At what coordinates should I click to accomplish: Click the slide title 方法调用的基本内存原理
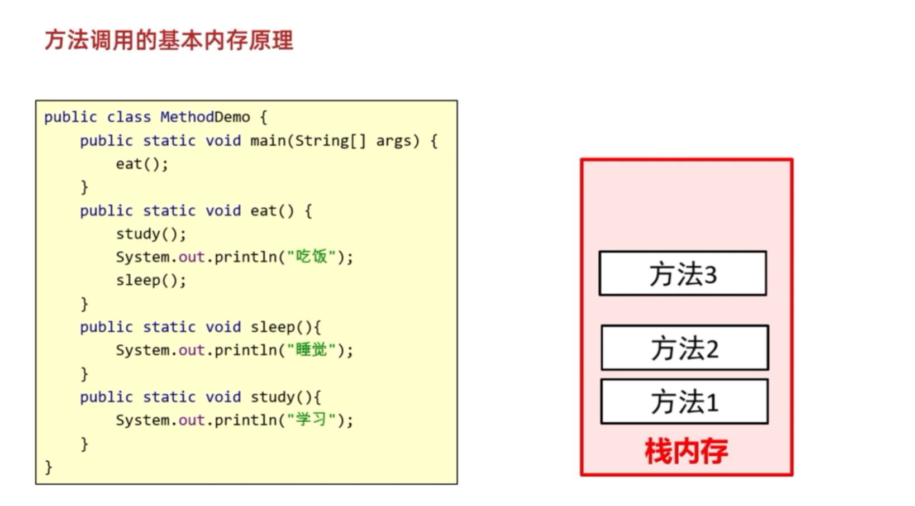tap(169, 40)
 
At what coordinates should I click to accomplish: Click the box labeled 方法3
tap(683, 274)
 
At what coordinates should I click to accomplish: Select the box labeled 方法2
tap(685, 348)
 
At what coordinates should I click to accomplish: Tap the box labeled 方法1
tap(684, 402)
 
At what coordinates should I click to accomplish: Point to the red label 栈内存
tap(687, 451)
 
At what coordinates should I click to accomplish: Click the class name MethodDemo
tap(205, 117)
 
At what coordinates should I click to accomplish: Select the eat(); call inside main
tap(142, 164)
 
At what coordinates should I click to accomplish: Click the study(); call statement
tap(151, 234)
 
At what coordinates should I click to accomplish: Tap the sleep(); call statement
tap(151, 280)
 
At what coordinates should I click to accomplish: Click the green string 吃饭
tap(311, 257)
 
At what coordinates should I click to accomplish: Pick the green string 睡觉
tap(311, 350)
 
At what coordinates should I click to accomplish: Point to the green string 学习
tap(311, 420)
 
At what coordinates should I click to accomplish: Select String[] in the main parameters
tap(330, 141)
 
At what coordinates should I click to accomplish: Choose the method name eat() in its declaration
tap(271, 211)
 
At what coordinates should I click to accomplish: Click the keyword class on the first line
tap(128, 117)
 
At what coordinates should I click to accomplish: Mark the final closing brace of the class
tap(49, 467)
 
